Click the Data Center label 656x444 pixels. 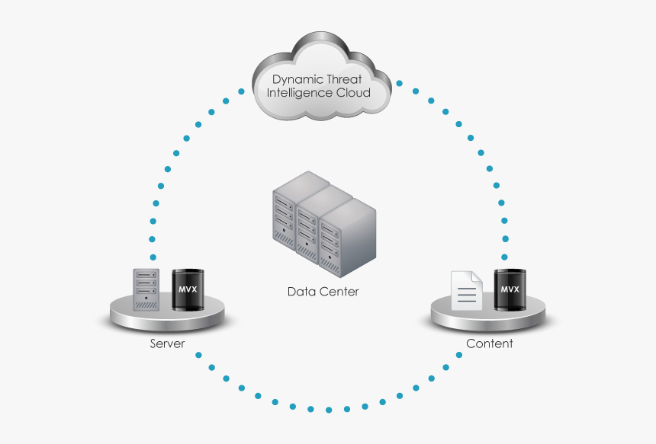pyautogui.click(x=323, y=292)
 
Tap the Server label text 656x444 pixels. pyautogui.click(x=167, y=343)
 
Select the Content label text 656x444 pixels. pyautogui.click(x=489, y=343)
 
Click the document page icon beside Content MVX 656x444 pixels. pyautogui.click(x=466, y=290)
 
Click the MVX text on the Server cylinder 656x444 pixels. pyautogui.click(x=188, y=290)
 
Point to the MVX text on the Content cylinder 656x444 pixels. pyautogui.click(x=510, y=289)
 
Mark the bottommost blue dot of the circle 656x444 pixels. pyautogui.click(x=329, y=410)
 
